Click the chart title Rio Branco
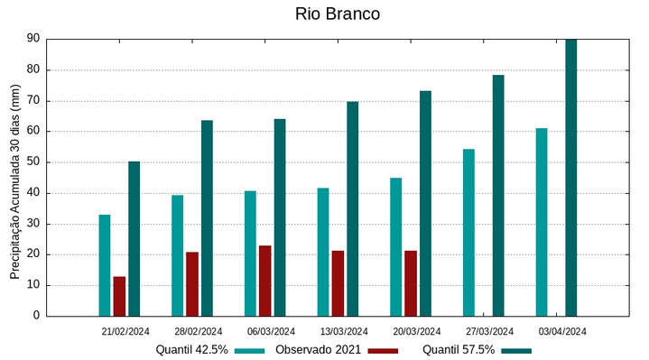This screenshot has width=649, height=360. [337, 14]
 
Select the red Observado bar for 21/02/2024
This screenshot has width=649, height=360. [119, 296]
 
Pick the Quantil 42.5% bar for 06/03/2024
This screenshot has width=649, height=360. [250, 254]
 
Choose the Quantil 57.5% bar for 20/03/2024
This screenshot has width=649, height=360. [425, 203]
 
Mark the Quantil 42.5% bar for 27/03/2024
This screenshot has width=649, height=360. [468, 232]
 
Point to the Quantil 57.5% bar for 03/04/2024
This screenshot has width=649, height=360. [570, 178]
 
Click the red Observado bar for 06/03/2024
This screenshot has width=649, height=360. [264, 281]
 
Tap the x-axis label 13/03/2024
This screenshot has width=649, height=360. [344, 331]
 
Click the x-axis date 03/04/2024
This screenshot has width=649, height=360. [562, 331]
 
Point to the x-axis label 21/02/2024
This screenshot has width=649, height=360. [125, 331]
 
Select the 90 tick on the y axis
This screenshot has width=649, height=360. [33, 39]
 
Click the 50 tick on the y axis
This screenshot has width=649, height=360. [33, 162]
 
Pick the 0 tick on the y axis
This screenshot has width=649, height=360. [37, 316]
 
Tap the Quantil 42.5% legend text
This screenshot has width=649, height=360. [191, 349]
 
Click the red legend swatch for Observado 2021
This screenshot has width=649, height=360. [383, 350]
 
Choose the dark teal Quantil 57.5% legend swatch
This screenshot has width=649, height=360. [517, 350]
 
